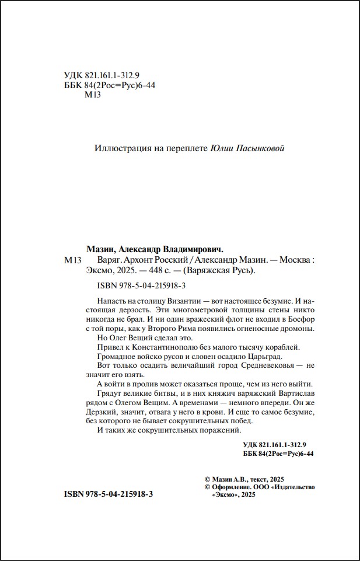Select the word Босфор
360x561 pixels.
coord(301,319)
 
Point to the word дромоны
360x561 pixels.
coord(296,329)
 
